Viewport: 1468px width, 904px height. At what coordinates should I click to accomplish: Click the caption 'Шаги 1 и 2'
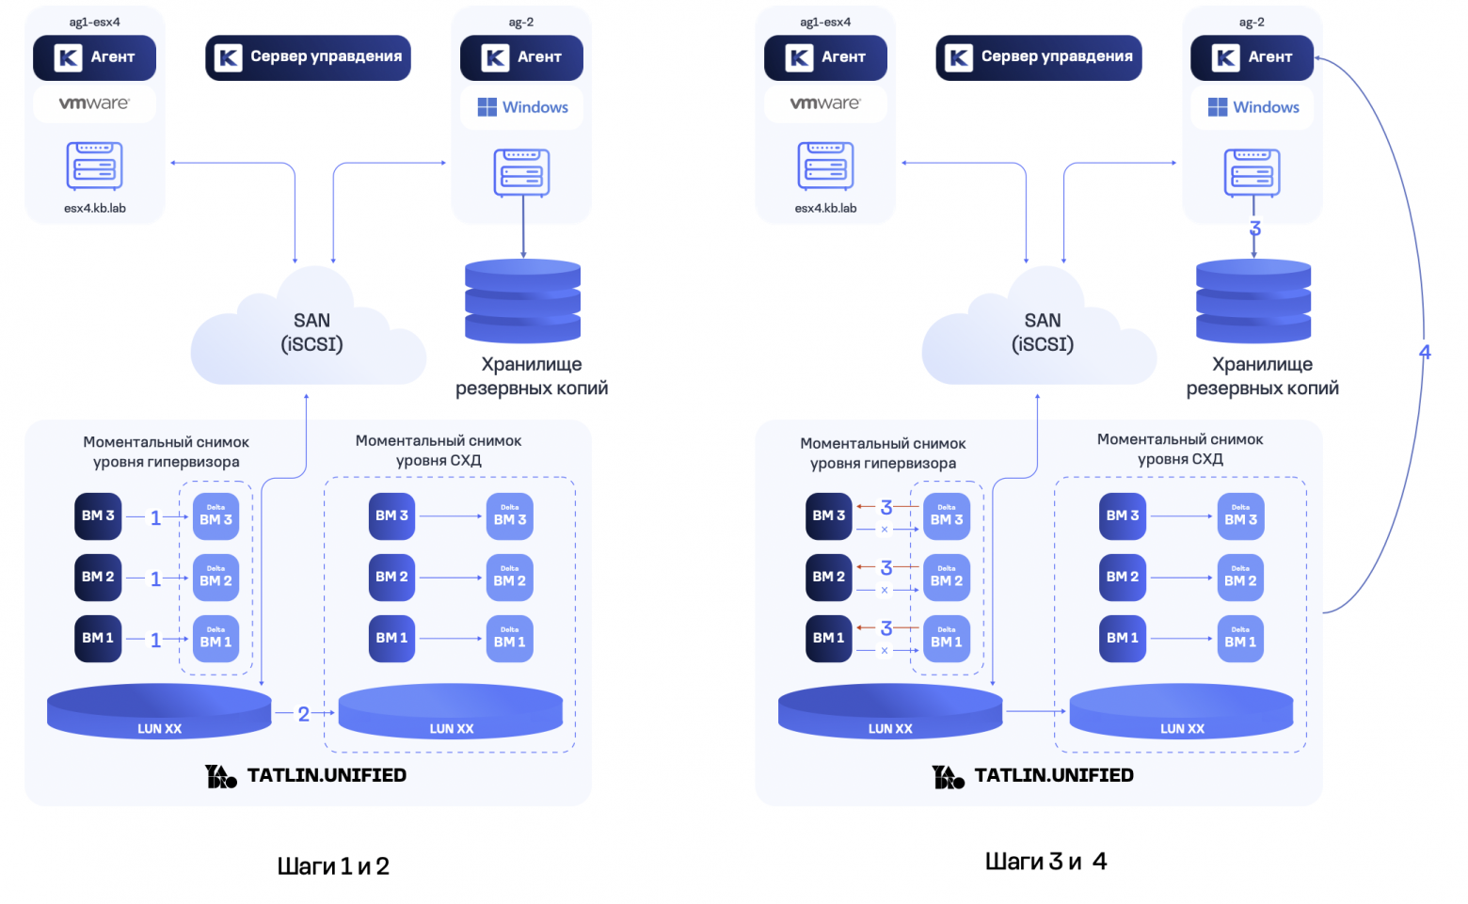coord(333,865)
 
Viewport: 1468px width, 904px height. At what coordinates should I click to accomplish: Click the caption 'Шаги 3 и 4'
coord(1045,861)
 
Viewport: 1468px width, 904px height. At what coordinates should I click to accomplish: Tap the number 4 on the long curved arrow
coord(1425,353)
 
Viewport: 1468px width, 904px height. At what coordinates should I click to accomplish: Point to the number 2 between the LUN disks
coord(303,714)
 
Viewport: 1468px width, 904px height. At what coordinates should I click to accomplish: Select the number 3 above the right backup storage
coord(1254,229)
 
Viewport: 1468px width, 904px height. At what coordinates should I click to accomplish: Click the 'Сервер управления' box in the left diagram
coord(308,57)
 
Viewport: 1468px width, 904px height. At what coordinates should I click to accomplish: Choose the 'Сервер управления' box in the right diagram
coord(1039,57)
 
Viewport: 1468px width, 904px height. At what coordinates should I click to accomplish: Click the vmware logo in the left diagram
coord(94,103)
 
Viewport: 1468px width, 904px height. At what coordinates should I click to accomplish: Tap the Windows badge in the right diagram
coord(1253,107)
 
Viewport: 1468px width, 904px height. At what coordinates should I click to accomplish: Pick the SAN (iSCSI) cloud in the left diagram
coord(311,333)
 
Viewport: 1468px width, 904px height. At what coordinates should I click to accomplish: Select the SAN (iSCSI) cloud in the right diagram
coord(1042,333)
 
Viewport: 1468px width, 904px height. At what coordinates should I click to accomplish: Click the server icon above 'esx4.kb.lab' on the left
coord(95,167)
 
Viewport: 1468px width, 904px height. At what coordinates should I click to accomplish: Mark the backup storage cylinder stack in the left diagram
coord(523,301)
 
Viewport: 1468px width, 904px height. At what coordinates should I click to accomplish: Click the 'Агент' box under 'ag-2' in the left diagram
coord(521,57)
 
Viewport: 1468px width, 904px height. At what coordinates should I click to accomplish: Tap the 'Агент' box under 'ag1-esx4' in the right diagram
coord(825,57)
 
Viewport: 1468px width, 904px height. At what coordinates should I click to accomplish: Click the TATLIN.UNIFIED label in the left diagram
coord(327,775)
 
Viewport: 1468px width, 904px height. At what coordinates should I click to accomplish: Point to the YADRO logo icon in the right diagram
coord(948,776)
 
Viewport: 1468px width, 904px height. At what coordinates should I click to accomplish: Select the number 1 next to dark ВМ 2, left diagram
coord(156,579)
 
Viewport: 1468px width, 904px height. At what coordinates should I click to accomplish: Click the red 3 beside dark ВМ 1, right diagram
coord(886,627)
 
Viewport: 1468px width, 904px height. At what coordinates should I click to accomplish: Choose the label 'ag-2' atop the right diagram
coord(1252,22)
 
